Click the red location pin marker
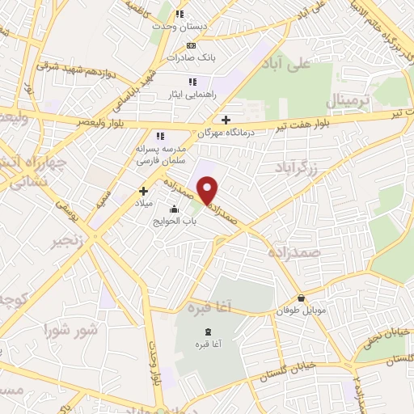point(209,190)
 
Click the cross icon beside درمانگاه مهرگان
point(226,120)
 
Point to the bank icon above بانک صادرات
point(191,45)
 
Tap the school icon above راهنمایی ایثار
point(192,82)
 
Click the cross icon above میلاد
point(144,192)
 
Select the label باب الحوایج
point(171,221)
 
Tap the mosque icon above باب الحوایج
point(172,209)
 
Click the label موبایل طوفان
point(301,310)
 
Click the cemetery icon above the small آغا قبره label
point(208,332)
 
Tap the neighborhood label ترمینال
point(347,102)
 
